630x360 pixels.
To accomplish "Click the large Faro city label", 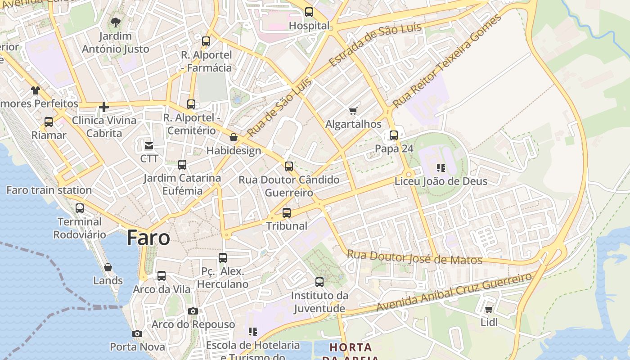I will (148, 238).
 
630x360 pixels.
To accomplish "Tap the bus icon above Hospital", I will (309, 12).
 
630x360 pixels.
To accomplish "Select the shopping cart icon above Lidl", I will (489, 309).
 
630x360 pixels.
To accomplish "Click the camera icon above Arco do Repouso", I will (193, 311).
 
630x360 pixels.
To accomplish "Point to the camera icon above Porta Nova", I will (137, 334).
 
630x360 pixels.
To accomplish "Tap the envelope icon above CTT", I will (149, 146).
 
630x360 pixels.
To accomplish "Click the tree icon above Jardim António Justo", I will (116, 22).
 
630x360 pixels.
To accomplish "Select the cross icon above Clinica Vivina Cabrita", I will (104, 107).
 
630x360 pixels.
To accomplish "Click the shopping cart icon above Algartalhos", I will (353, 111).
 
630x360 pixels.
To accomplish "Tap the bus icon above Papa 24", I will (394, 135).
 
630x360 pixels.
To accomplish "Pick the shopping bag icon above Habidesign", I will (234, 137).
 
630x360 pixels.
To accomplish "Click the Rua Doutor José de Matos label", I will (414, 257).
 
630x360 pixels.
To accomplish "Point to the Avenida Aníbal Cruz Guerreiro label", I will (454, 292).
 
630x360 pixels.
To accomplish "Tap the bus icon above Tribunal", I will (287, 213).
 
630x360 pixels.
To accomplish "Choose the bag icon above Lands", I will (108, 268).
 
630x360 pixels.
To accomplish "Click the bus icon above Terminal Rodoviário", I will (80, 208).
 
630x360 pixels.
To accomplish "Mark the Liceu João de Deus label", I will (441, 181).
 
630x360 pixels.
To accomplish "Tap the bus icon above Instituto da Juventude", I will (319, 283).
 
